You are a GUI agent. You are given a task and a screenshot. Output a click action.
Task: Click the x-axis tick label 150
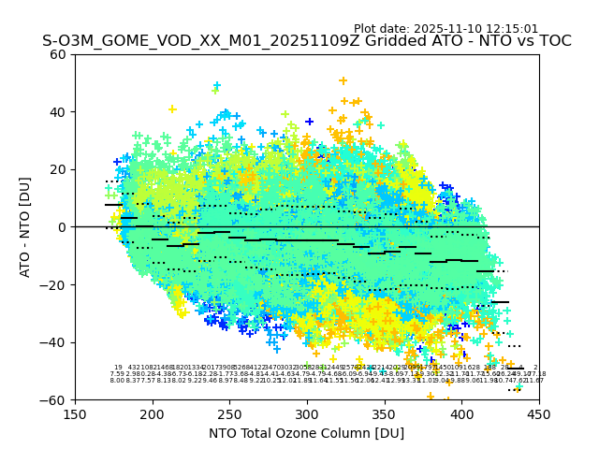pos(75,414)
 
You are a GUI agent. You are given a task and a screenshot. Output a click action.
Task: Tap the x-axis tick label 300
pos(307,414)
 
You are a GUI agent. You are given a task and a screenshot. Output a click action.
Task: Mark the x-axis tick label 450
pos(538,414)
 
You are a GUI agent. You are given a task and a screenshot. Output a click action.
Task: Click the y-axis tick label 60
pos(58,54)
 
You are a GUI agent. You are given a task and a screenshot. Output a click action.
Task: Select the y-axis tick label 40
pos(58,112)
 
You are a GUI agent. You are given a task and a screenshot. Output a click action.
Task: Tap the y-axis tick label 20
pos(58,169)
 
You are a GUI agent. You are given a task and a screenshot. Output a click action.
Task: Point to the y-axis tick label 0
pos(62,227)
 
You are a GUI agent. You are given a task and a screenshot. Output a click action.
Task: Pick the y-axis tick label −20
pos(54,284)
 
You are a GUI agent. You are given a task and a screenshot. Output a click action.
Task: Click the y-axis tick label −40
pos(54,342)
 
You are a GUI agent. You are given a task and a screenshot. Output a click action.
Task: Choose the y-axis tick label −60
pos(54,399)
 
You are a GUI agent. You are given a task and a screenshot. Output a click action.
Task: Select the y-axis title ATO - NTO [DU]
pos(26,227)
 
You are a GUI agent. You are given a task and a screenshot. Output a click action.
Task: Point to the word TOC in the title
pos(553,42)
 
